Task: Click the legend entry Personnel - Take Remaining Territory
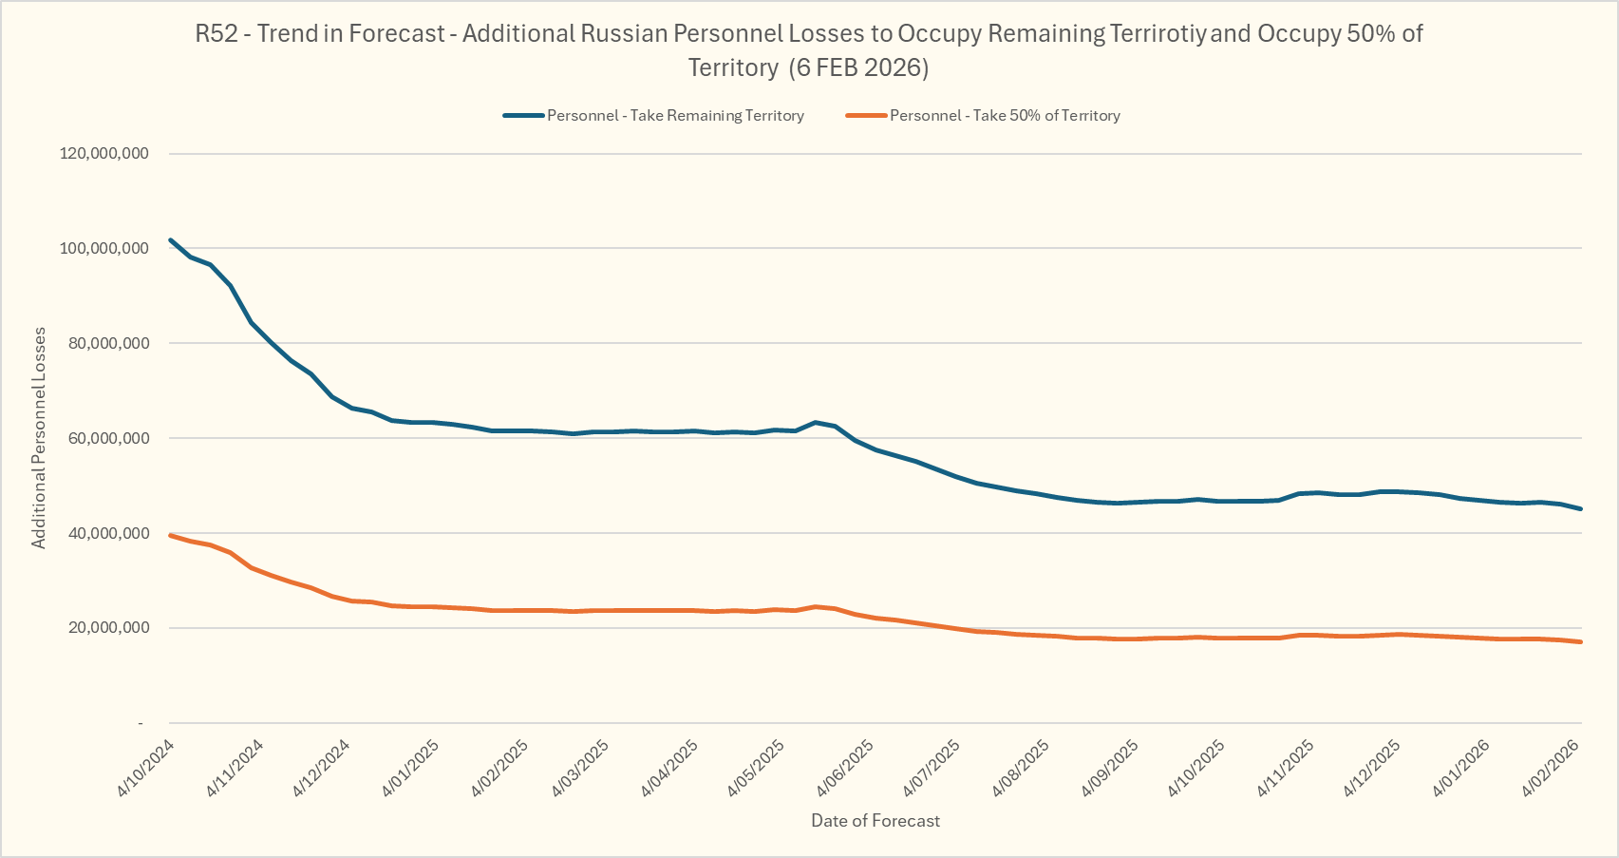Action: [675, 116]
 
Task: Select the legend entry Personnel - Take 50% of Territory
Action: [1005, 116]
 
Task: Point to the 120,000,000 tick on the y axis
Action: [104, 154]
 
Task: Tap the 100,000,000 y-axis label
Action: [104, 249]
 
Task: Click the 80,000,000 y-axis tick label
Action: [108, 344]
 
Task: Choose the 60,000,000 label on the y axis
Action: [108, 439]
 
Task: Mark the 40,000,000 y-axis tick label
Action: [108, 534]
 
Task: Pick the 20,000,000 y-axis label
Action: [108, 628]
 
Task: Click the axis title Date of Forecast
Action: [875, 821]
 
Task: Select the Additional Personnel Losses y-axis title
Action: [39, 438]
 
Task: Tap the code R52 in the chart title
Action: [214, 34]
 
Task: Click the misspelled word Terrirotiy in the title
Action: [1158, 34]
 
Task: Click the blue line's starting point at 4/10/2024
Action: [170, 239]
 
